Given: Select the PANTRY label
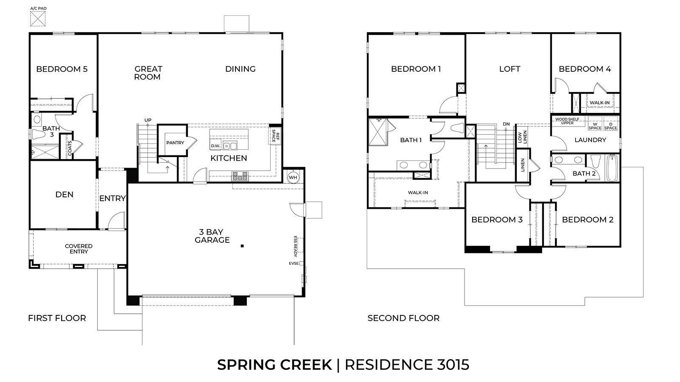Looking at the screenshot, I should coord(175,143).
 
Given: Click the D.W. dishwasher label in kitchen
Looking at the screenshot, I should coord(215,146).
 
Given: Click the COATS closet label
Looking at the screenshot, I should coord(70,147).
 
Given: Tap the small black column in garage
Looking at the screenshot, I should coord(242,246).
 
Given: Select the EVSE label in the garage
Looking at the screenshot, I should coord(293,264).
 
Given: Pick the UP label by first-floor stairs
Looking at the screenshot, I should coord(147,120).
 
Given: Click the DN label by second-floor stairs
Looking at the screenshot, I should coord(506,124).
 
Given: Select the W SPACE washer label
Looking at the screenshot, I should coord(595,126).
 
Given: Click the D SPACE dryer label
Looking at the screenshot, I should coord(611,126).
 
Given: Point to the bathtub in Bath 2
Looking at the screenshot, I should coord(612,169).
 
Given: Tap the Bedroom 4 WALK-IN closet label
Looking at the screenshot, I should coord(600,103).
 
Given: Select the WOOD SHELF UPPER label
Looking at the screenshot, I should coord(567,121).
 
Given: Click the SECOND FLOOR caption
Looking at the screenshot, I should coord(403,318).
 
